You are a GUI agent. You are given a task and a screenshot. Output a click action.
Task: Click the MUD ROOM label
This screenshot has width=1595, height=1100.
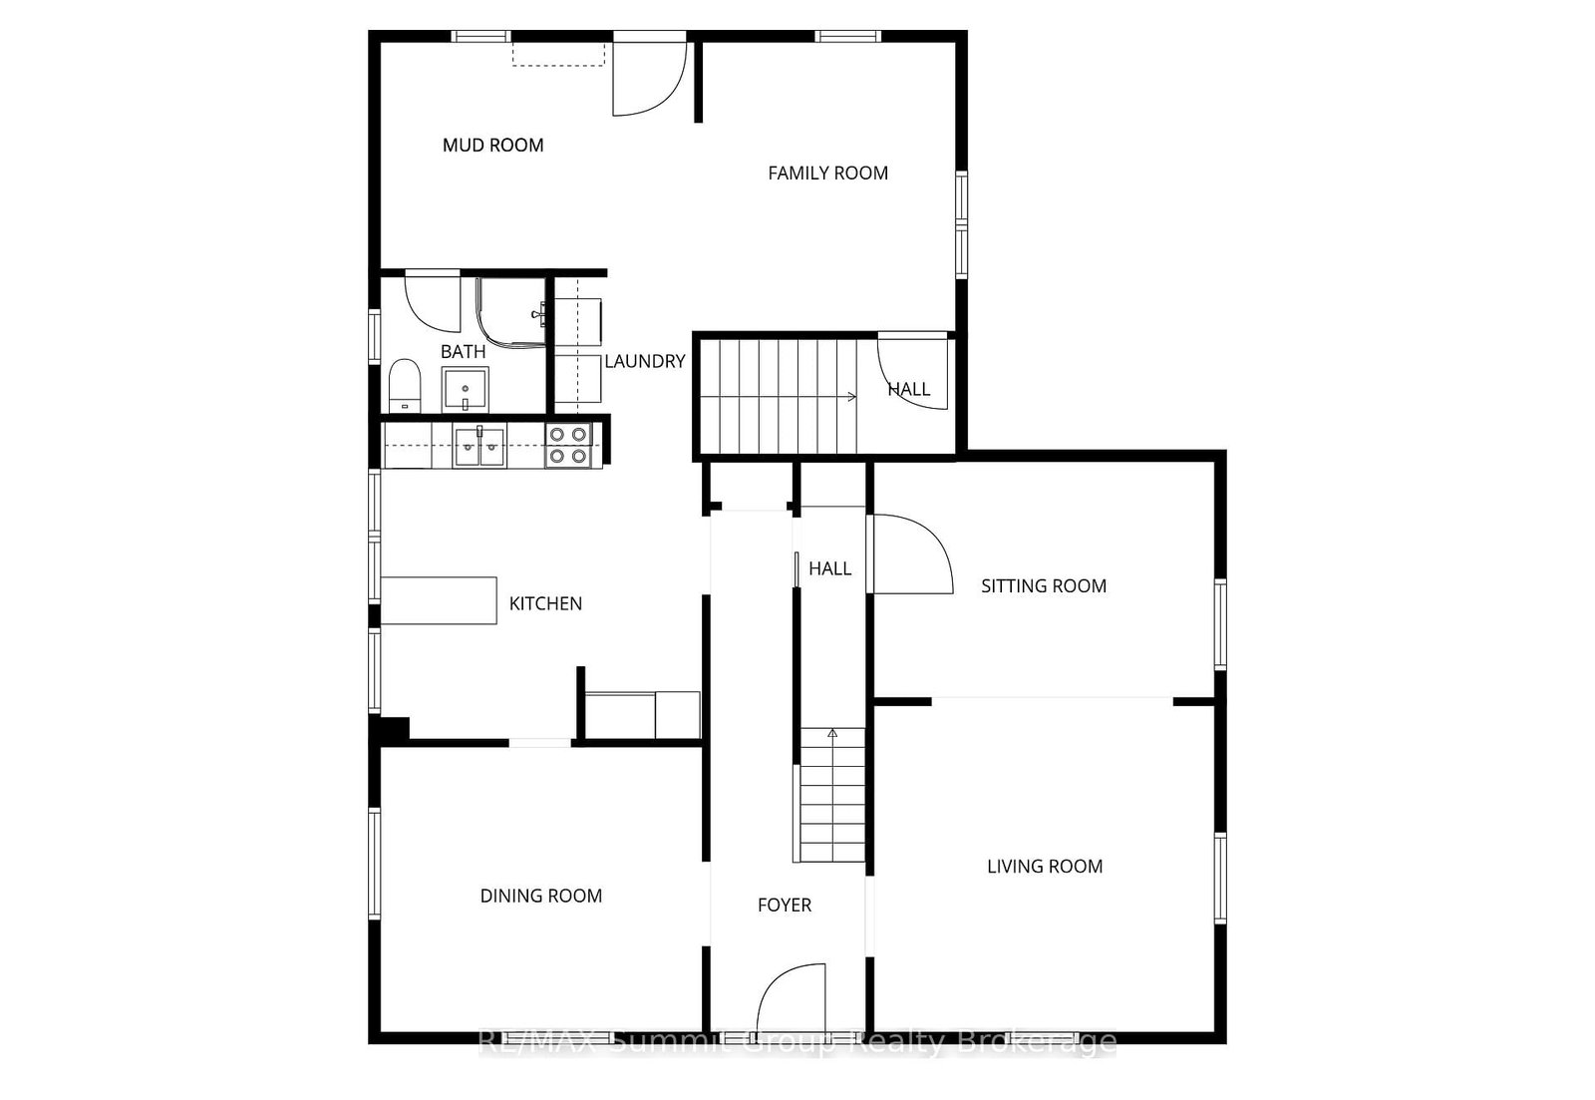pos(492,146)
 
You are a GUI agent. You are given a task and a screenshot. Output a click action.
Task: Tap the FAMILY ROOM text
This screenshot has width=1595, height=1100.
pos(827,174)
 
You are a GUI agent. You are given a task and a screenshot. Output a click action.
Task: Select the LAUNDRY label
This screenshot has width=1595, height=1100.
pos(644,361)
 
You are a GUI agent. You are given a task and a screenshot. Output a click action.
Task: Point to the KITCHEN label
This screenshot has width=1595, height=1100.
pos(545,603)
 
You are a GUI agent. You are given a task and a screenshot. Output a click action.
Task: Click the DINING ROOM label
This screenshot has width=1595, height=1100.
pos(541,896)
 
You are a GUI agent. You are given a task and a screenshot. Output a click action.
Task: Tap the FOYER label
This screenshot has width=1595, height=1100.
pos(784,905)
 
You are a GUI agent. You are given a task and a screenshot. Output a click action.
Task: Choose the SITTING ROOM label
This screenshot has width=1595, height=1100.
pos(1044,585)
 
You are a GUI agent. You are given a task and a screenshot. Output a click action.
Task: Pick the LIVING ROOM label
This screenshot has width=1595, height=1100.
pos(1045,867)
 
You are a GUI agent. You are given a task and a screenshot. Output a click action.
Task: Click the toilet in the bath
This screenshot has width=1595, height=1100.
pos(405,385)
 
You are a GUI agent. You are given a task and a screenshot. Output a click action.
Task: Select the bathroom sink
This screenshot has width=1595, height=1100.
pos(465,389)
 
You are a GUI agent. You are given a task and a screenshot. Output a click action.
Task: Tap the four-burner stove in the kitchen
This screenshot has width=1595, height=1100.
pos(568,445)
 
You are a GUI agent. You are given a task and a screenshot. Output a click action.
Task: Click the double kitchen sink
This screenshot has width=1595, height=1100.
pos(479,446)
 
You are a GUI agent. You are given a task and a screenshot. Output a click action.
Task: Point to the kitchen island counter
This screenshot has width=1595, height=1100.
pos(439,600)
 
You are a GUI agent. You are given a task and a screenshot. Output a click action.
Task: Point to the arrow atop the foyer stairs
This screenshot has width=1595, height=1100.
pos(832,733)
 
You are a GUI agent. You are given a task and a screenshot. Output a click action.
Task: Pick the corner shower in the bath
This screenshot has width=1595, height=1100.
pos(510,312)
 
